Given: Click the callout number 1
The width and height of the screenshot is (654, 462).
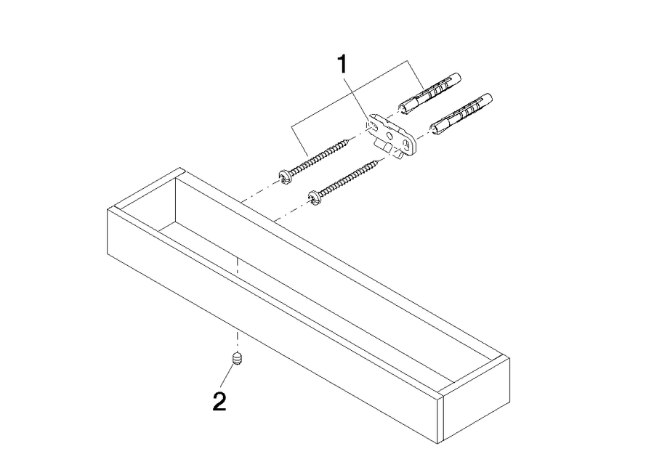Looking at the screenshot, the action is (x=342, y=65).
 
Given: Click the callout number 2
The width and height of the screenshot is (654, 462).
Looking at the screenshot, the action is (x=219, y=402).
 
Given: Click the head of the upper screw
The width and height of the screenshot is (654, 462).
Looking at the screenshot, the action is (x=284, y=178).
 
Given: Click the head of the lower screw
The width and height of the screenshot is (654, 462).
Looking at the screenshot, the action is (x=315, y=198).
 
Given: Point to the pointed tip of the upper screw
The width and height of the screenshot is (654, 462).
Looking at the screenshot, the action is (x=350, y=139).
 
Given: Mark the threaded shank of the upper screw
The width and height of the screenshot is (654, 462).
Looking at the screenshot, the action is (x=320, y=157).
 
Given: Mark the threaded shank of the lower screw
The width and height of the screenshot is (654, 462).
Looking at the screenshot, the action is (x=350, y=177).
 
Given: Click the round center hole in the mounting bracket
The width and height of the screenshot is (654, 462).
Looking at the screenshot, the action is (x=390, y=135).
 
